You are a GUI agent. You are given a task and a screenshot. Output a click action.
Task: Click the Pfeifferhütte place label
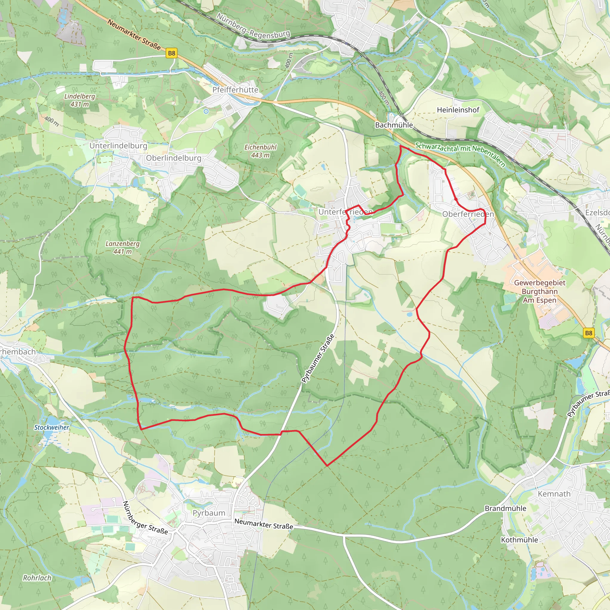coord(235,90)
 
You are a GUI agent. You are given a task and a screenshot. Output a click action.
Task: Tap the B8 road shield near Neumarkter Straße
coord(172,53)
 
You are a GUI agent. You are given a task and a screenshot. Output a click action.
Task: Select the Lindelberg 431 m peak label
coord(80,100)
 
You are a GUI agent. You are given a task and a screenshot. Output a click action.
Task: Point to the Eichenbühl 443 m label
coord(261,151)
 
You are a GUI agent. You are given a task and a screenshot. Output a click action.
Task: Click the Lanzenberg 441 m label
coord(122,248)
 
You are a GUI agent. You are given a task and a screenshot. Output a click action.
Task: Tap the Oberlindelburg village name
coord(173,158)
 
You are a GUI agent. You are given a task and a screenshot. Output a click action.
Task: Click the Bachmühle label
coord(394,125)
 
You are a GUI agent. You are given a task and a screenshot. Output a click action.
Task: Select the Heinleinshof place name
coord(458,110)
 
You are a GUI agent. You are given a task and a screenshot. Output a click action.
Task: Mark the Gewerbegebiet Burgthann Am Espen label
coord(540,291)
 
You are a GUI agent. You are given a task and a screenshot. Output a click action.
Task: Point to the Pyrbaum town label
coord(209,513)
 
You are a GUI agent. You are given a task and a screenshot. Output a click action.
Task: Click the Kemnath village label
coord(554,494)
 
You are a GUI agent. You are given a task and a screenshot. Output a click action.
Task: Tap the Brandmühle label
coord(505,508)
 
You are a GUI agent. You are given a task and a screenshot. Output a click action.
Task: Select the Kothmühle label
coord(519,540)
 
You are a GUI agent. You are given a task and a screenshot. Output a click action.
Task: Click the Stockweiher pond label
coord(52,427)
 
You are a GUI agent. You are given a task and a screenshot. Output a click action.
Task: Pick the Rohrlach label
coord(37,578)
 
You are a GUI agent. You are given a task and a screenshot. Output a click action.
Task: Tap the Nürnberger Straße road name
coord(145,517)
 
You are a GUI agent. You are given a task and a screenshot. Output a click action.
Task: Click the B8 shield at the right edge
coord(589,333)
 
